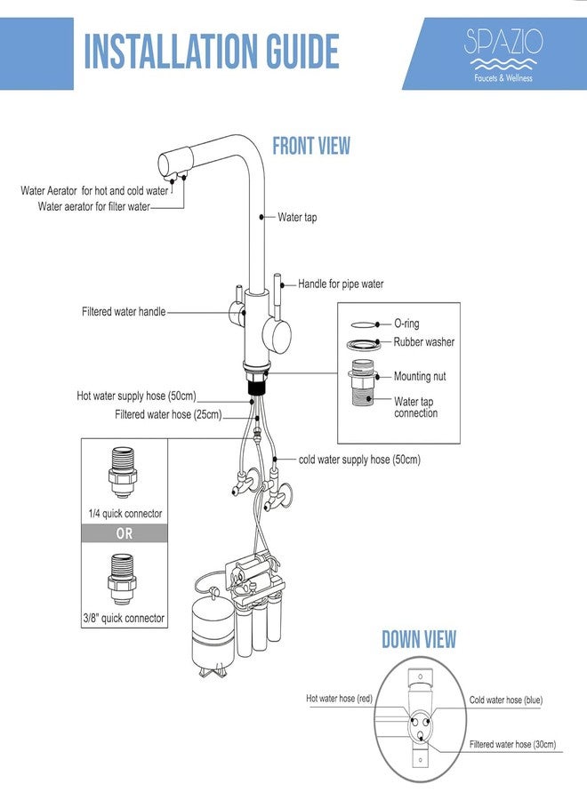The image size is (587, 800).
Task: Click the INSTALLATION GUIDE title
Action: [212, 51]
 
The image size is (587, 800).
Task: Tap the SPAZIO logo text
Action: [503, 42]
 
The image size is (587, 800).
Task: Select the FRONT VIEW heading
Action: [311, 146]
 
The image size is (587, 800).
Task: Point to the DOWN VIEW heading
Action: [419, 639]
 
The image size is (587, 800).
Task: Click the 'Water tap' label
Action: [297, 218]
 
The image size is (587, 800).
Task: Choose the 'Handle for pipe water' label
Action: [341, 284]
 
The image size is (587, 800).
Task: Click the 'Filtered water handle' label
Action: [124, 311]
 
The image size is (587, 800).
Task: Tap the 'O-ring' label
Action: [406, 324]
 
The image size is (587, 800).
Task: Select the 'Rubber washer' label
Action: [423, 342]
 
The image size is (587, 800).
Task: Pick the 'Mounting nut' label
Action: [420, 377]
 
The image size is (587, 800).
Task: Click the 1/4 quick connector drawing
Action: [123, 473]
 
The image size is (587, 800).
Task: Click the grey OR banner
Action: [125, 533]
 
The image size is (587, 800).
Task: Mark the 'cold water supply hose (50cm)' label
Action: [360, 460]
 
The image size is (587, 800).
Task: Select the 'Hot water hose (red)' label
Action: [340, 699]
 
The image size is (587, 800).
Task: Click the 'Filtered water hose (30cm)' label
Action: [513, 744]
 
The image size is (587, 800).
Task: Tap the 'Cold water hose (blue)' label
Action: [506, 700]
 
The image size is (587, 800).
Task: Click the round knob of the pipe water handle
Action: [277, 336]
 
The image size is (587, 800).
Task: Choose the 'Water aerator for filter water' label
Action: [94, 206]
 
